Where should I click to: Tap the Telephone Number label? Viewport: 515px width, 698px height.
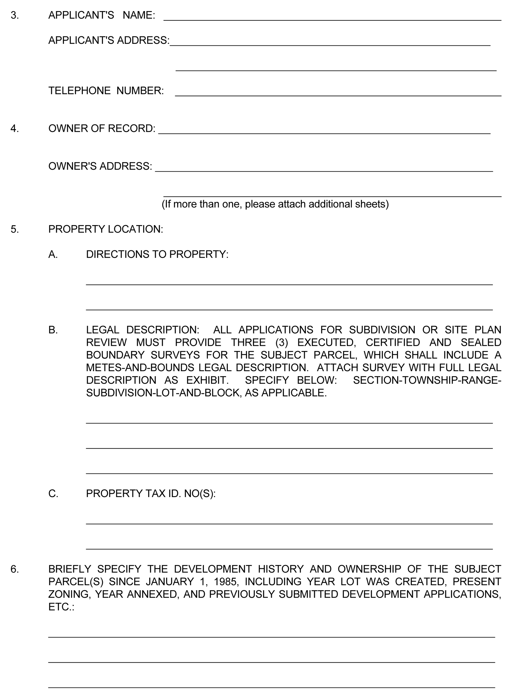106,91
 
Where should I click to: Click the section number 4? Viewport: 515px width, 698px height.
15,129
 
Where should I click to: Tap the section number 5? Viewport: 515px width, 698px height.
15,229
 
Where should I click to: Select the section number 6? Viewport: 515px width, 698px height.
15,569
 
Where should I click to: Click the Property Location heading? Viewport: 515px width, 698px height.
106,229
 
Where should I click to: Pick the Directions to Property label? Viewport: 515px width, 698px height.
157,254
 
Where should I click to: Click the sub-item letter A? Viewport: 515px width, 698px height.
53,254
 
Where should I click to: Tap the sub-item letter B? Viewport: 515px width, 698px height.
53,330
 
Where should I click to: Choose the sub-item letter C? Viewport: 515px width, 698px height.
53,494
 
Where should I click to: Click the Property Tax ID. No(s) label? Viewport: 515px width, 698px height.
151,494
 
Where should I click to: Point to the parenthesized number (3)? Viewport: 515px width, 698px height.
281,343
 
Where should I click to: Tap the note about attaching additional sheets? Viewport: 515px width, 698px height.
275,204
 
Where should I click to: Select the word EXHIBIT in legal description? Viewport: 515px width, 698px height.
207,380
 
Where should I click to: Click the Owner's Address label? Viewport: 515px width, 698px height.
100,166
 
